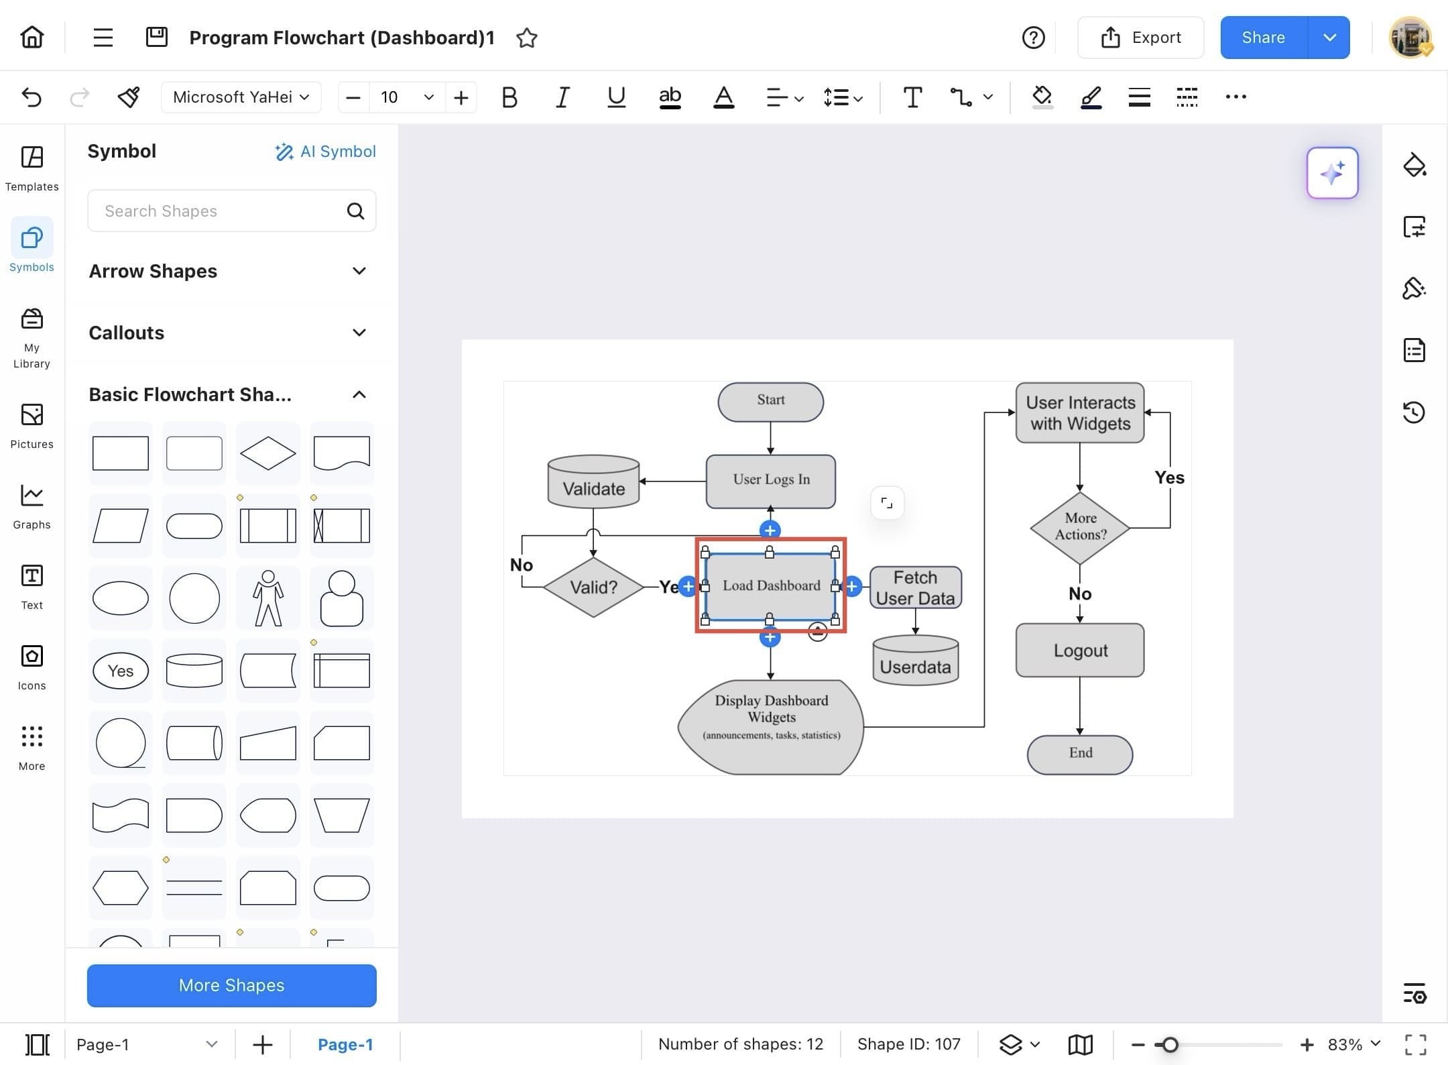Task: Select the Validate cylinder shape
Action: click(593, 482)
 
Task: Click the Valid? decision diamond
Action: click(593, 587)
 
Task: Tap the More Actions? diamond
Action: click(1080, 528)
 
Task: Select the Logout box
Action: click(1080, 650)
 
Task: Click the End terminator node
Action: click(1080, 754)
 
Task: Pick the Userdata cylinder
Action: click(915, 660)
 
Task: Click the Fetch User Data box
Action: click(915, 587)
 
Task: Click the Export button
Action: click(1140, 38)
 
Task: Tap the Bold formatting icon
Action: click(509, 97)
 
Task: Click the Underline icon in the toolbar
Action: click(616, 97)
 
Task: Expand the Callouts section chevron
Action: click(359, 333)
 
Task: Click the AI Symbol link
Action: click(325, 152)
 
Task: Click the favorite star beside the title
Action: click(527, 38)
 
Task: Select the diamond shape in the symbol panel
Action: click(268, 453)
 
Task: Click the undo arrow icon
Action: click(32, 97)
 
